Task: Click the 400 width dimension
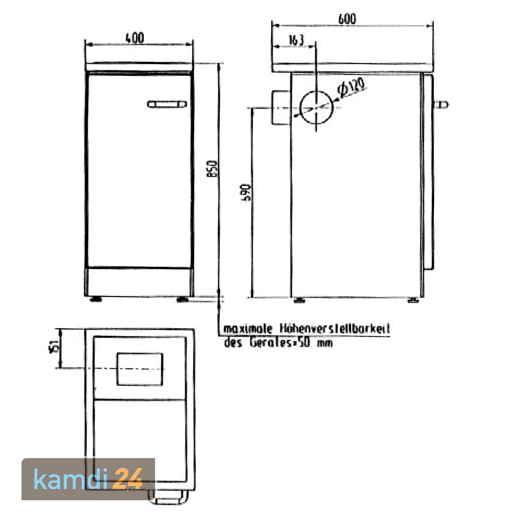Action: [135, 38]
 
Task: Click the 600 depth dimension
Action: [347, 19]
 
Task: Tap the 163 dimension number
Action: [296, 40]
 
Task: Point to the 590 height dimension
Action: [246, 193]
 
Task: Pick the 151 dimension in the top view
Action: [54, 346]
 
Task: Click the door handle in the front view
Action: [167, 104]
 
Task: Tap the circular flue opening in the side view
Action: [316, 108]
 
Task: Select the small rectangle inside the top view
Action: [140, 369]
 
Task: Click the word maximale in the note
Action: [247, 329]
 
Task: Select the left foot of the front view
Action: [96, 299]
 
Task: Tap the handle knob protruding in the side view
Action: [442, 104]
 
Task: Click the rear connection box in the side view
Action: [281, 108]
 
